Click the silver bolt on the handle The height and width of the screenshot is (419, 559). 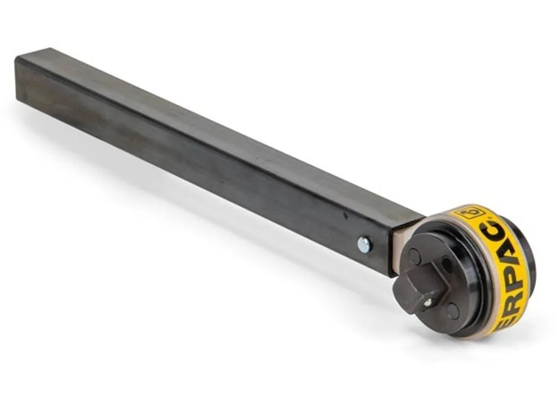364,244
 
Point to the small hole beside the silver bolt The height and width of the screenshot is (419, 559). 345,215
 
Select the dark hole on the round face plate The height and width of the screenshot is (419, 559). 448,264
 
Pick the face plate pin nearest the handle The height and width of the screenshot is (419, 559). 415,257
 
